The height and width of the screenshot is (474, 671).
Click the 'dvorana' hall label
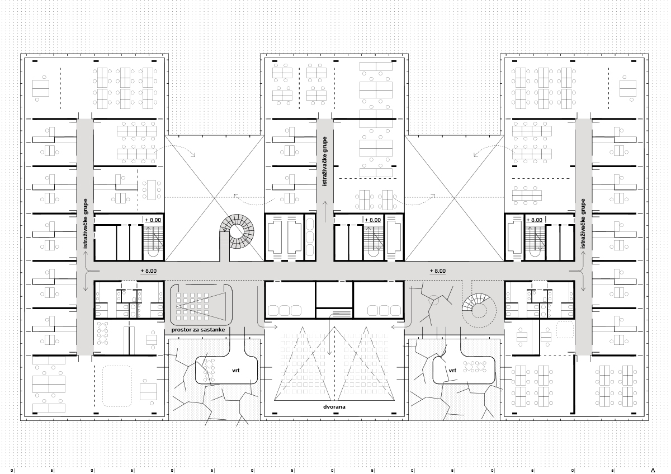coord(334,407)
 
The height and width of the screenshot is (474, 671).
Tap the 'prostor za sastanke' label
coord(198,330)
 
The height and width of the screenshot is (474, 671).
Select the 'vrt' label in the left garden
coord(236,371)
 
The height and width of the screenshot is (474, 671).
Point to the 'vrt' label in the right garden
coord(452,371)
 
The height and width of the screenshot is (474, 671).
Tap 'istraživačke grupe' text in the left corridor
coord(86,224)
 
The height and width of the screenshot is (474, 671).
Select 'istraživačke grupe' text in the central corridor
coord(325,161)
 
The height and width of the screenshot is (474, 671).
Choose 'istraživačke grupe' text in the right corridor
coord(583,224)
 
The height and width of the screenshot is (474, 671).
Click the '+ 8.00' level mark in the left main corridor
coord(149,271)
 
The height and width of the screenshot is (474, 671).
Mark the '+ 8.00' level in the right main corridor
coord(438,271)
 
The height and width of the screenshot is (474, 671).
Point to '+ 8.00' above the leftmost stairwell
coord(153,220)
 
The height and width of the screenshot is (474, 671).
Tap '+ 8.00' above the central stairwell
coord(372,220)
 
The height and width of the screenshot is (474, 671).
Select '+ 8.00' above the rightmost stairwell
coord(535,220)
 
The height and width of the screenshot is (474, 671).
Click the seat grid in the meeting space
coord(192,306)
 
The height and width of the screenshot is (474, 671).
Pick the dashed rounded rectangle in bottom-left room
coord(117,386)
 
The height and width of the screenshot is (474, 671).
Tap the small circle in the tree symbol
coord(433,300)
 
